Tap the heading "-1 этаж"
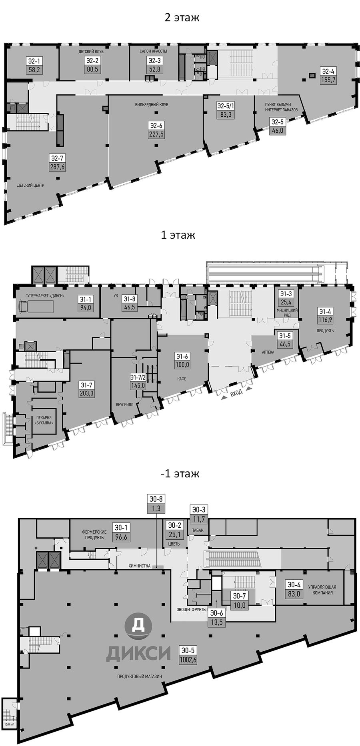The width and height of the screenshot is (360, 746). pyautogui.click(x=180, y=474)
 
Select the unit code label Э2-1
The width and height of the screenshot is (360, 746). pyautogui.click(x=34, y=61)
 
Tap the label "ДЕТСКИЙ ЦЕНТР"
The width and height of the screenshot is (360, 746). pyautogui.click(x=30, y=186)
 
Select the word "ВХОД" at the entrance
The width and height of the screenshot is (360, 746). pyautogui.click(x=236, y=393)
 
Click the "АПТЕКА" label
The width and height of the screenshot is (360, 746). pyautogui.click(x=268, y=352)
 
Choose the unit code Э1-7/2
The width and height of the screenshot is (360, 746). pyautogui.click(x=138, y=377)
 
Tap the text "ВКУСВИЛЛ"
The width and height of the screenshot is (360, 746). pyautogui.click(x=124, y=404)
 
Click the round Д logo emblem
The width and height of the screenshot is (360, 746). pyautogui.click(x=138, y=624)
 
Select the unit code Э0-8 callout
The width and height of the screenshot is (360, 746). pyautogui.click(x=156, y=499)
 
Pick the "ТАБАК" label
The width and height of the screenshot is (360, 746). pyautogui.click(x=198, y=531)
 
